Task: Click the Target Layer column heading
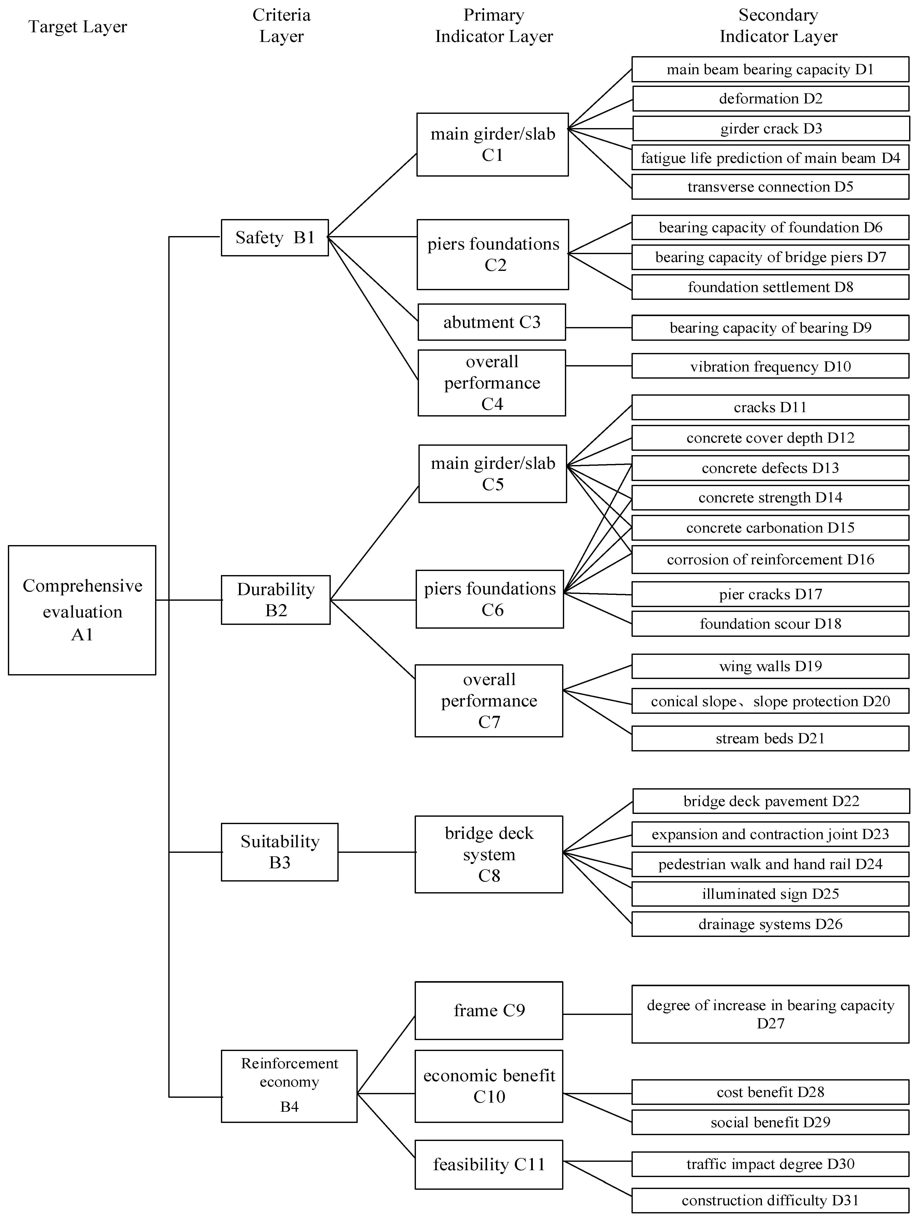[x=78, y=26]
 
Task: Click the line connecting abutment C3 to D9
[x=599, y=328]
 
